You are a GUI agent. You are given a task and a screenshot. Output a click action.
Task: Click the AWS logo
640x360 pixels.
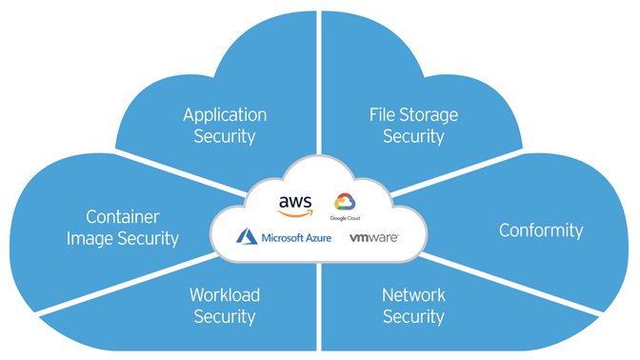click(295, 204)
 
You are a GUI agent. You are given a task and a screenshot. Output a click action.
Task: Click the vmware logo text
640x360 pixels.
click(373, 236)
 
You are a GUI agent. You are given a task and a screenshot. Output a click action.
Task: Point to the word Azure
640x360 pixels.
click(311, 236)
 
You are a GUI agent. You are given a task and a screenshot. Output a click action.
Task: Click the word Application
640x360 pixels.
click(225, 115)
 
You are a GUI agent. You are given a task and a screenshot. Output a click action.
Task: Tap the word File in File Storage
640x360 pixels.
click(382, 115)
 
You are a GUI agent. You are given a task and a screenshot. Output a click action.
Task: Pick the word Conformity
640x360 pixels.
click(541, 230)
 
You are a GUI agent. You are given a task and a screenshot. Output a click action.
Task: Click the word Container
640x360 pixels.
click(122, 217)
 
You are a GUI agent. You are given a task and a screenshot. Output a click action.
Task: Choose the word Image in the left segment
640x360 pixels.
click(90, 239)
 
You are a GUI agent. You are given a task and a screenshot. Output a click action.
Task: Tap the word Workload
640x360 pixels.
click(225, 294)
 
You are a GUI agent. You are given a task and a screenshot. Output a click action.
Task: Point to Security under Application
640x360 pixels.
click(225, 136)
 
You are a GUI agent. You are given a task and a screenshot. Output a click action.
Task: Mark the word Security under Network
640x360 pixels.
click(413, 316)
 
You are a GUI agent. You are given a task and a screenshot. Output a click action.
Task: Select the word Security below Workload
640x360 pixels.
click(225, 316)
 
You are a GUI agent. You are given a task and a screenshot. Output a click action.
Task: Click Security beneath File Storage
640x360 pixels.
click(413, 136)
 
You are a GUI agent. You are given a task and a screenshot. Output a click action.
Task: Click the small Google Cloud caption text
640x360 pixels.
click(345, 217)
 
